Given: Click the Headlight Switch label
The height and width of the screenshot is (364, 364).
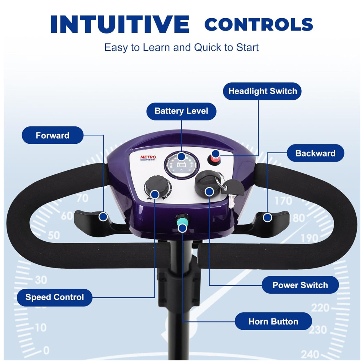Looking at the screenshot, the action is coord(262,91).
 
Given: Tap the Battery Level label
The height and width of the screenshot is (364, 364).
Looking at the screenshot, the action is coord(181,111).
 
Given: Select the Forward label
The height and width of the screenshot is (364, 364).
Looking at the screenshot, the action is coord(52,135).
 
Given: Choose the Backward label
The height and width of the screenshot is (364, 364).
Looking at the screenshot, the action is coord(315,153).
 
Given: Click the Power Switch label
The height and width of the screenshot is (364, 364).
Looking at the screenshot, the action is coord(300,285).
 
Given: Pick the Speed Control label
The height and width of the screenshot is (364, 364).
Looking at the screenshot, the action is coord(55,297).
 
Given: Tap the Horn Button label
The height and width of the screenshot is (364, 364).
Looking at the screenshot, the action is coord(273,321).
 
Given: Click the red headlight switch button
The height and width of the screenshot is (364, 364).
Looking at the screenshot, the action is coord(214,159).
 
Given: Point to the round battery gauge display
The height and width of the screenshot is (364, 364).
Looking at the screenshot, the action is coord(182,165).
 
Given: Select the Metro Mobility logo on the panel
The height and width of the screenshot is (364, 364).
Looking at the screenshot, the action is coord(148,158).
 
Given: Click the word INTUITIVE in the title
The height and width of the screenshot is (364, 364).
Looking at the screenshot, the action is coord(120,24).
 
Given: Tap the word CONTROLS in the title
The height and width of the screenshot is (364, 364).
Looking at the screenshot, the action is coord(258,24).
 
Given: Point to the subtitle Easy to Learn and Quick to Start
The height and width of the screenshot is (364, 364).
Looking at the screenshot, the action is coord(181,48).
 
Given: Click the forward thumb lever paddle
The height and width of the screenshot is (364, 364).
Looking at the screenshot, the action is coord(98,222).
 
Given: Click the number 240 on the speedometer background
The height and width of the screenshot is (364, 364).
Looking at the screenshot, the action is coord(310,355).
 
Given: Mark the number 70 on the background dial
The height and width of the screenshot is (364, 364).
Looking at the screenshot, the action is coord(82,198).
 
